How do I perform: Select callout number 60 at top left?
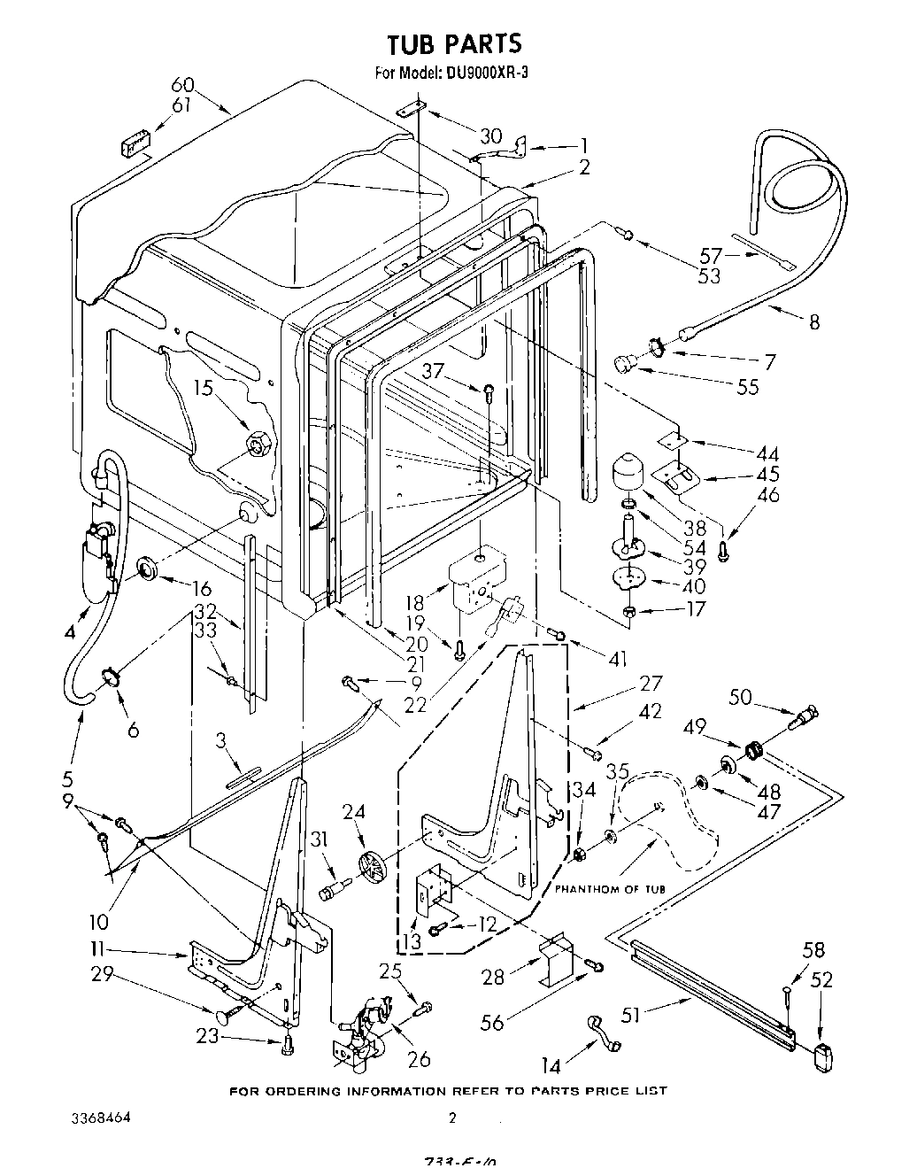pyautogui.click(x=182, y=85)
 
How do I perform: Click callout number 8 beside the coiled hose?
pyautogui.click(x=813, y=321)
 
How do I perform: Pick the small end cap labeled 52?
pyautogui.click(x=823, y=1056)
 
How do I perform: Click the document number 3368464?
pyautogui.click(x=100, y=1118)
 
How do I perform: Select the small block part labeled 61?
pyautogui.click(x=135, y=144)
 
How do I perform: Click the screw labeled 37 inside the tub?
pyautogui.click(x=489, y=388)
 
